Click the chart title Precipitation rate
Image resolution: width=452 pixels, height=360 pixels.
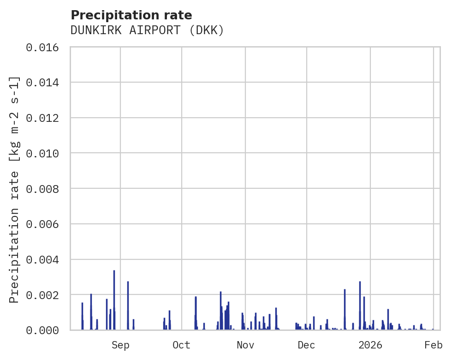131,15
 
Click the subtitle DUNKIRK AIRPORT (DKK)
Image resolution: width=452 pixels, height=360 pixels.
147,30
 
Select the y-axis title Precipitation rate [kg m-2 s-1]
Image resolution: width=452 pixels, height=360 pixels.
15,189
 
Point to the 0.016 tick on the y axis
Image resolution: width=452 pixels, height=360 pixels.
45,47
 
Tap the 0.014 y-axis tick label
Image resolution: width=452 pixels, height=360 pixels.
45,83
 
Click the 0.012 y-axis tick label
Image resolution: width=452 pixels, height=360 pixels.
45,118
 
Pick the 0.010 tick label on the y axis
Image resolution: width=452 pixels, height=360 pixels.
45,153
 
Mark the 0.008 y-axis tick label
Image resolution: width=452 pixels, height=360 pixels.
45,189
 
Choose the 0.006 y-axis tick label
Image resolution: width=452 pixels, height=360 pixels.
45,224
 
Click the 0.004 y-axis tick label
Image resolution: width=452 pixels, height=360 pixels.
45,260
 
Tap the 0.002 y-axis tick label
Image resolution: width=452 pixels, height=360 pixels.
45,295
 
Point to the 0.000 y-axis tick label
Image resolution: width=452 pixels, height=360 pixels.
45,330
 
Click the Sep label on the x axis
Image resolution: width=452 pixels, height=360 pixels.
120,345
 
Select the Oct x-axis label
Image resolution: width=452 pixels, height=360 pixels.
182,345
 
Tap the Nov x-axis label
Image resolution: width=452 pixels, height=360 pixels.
245,345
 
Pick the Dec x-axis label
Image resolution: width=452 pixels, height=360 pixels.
307,345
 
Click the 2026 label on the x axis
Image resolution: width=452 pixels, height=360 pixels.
370,345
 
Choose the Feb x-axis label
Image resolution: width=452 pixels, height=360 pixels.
434,345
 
